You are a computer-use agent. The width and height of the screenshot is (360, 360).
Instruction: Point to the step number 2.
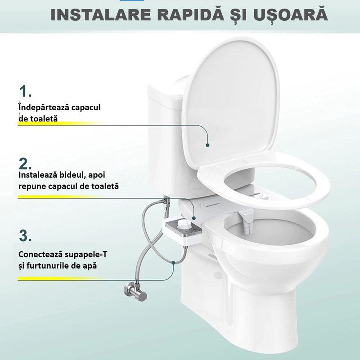coord(26,163)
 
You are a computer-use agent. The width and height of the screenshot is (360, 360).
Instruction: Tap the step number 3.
coord(26,235)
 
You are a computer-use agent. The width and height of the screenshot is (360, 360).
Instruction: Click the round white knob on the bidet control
coord(184,224)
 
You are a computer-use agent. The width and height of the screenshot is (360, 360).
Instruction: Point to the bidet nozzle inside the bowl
coord(246,223)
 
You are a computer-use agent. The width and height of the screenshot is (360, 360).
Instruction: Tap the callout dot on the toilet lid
coord(207,145)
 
